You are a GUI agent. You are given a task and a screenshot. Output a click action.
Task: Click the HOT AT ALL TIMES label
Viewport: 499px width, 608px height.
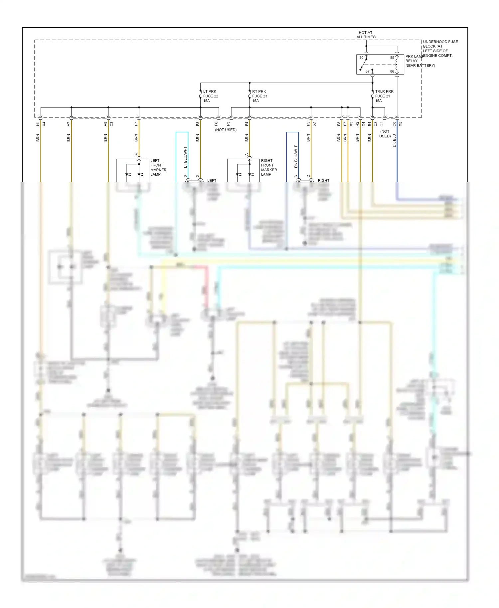coord(366,35)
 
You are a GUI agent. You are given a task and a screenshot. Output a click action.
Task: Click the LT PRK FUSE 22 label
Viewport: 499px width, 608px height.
coord(211,96)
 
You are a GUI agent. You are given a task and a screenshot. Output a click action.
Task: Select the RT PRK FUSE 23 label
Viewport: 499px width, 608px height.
coord(259,96)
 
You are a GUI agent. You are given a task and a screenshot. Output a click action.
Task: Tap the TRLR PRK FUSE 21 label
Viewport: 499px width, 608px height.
coord(384,96)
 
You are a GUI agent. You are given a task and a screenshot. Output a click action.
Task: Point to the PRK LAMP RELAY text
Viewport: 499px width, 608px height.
coord(413,61)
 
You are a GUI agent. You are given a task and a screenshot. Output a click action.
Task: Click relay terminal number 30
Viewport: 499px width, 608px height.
coord(361,58)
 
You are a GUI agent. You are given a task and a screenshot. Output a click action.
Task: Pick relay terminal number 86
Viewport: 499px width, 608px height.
coord(392,71)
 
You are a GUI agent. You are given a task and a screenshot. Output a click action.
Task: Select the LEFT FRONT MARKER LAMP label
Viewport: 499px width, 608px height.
coord(158,167)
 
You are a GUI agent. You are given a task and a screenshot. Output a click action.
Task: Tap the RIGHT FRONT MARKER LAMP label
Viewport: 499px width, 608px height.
coord(269,167)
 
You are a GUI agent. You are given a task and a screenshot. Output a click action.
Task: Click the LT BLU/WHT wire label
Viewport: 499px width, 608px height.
coord(185,157)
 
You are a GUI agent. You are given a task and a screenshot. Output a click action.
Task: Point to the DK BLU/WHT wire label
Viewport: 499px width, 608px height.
coord(296,156)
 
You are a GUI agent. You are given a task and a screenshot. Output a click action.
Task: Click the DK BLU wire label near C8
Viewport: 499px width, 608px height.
coord(394,140)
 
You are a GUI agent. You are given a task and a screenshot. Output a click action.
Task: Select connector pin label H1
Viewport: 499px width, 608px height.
coord(38,124)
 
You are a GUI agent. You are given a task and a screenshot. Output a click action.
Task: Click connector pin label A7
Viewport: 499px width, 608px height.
coord(69,124)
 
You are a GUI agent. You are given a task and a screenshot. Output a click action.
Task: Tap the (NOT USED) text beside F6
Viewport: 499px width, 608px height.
coord(226,130)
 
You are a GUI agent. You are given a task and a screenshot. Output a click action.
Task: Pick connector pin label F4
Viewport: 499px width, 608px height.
coord(247,124)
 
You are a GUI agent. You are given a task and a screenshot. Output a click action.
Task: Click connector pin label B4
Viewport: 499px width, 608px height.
coord(370,124)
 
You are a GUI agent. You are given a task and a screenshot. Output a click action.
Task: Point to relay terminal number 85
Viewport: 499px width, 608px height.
coord(392,58)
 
